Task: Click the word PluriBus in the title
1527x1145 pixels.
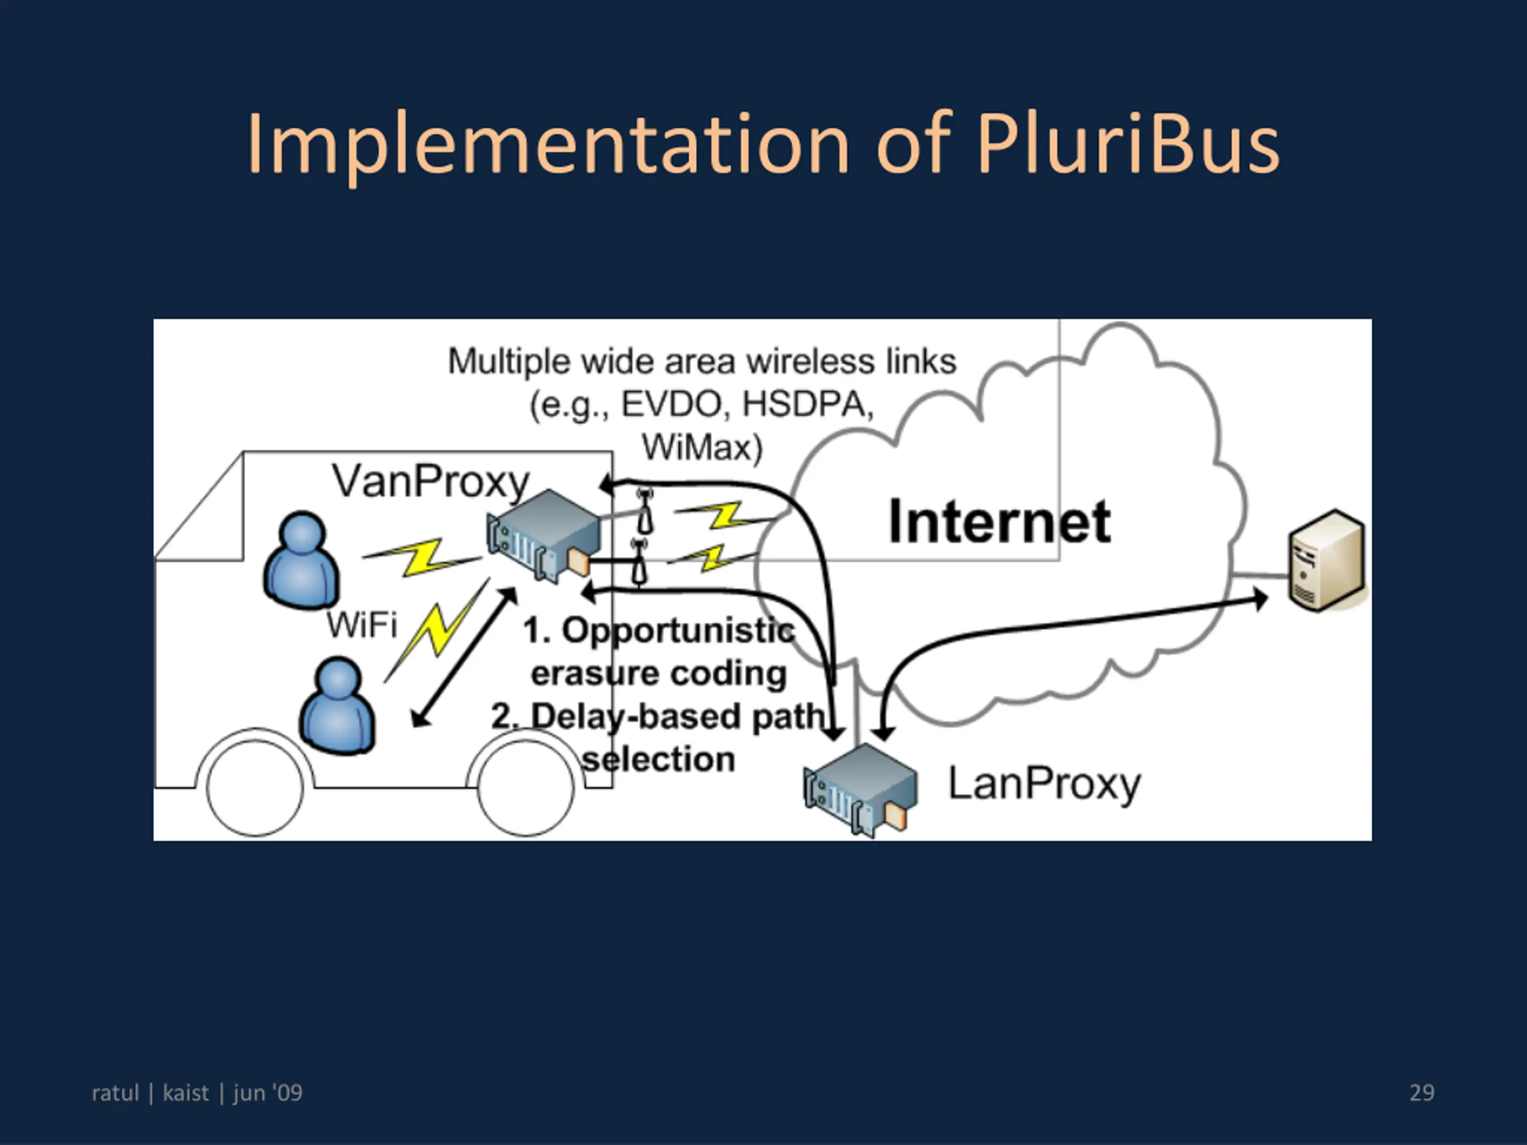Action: [x=1129, y=144]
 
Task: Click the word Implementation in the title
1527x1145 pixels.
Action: [x=548, y=144]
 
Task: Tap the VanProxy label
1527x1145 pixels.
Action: [x=431, y=481]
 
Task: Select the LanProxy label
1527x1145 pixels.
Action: [x=1044, y=784]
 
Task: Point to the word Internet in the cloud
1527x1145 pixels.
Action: [x=999, y=522]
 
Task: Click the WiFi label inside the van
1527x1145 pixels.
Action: [x=361, y=626]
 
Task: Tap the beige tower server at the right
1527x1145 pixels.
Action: [x=1327, y=561]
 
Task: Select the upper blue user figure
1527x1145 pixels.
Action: [x=302, y=560]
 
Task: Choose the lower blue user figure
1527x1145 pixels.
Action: [x=338, y=706]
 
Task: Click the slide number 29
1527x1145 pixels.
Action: [x=1421, y=1093]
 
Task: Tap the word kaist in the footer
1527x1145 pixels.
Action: [x=185, y=1093]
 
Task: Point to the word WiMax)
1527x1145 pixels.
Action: [x=702, y=447]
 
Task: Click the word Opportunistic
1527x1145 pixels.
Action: [x=678, y=631]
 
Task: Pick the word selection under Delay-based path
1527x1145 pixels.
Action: [x=659, y=759]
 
